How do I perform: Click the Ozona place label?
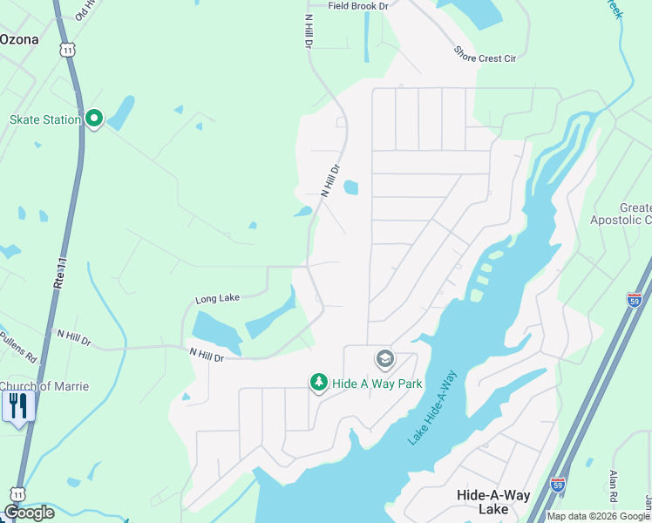coord(20,39)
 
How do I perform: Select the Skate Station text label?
coord(44,119)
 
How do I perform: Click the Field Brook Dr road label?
coord(357,6)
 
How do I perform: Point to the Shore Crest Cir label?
coord(485,54)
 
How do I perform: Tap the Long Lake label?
coord(217,299)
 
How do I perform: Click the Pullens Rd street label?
coord(17,346)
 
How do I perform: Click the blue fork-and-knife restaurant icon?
coord(18,406)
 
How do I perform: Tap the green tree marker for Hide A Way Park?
coord(319,383)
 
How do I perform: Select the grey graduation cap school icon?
coord(384,358)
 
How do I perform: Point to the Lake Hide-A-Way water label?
coord(433,409)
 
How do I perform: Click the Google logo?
coord(29,513)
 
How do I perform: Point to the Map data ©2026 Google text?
coord(599,516)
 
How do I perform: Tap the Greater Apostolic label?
coord(623,214)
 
